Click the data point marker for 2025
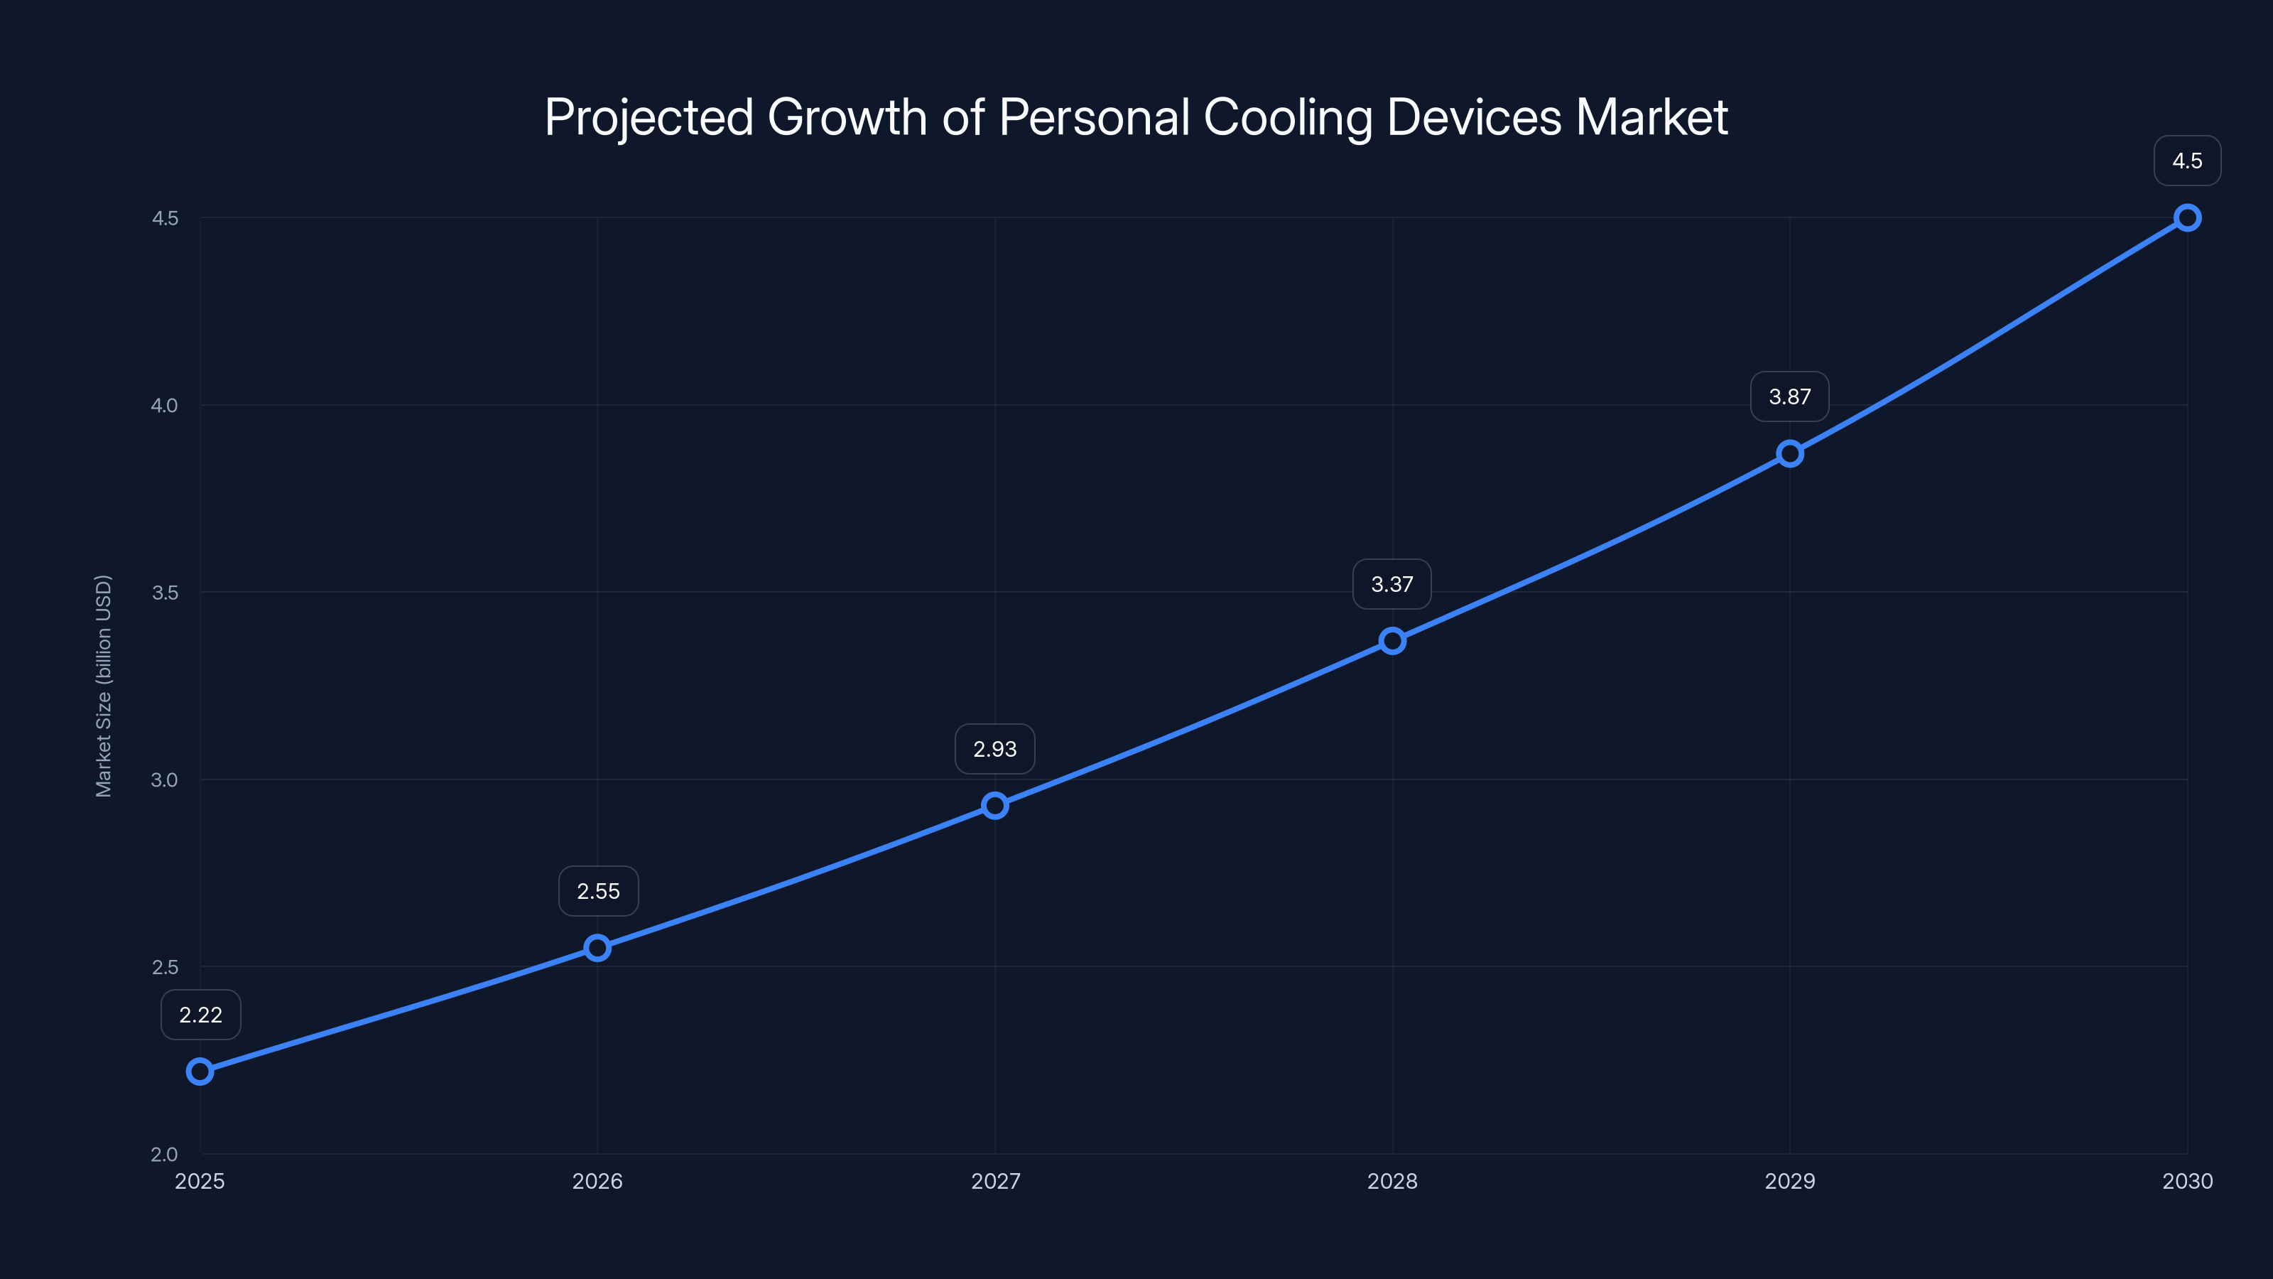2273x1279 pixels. coord(200,1072)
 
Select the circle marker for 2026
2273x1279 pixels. coord(597,948)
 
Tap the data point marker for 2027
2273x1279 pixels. coord(995,805)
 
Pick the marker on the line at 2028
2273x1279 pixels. coord(1392,641)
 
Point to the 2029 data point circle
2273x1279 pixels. coord(1789,454)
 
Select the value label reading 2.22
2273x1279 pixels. coord(200,1015)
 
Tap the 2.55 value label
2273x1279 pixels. coord(598,892)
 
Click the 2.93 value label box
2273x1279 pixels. coord(994,750)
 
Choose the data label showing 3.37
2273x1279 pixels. coord(1392,584)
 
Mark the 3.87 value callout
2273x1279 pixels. coord(1789,397)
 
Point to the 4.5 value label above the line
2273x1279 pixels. coord(2186,161)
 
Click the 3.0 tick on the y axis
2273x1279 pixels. coord(164,779)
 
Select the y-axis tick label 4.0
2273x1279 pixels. coord(164,405)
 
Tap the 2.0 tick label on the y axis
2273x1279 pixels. coord(164,1154)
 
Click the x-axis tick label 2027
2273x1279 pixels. coord(995,1181)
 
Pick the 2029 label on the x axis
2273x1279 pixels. coord(1789,1181)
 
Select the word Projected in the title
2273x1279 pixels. coord(649,117)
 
